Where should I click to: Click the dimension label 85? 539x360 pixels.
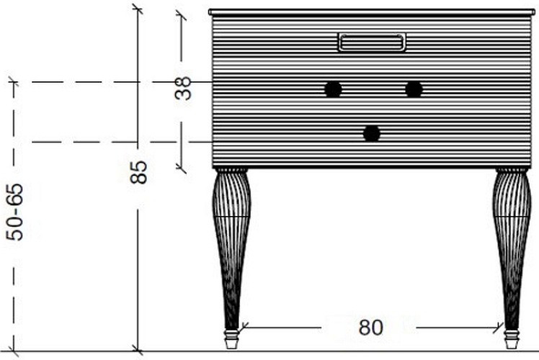point(138,172)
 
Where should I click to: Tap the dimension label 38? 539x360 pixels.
point(182,88)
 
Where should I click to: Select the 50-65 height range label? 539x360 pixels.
point(15,212)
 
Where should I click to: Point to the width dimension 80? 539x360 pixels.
point(370,328)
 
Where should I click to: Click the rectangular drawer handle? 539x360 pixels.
point(372,42)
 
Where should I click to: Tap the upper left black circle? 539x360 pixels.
point(333,89)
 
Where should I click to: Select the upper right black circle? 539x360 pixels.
point(414,89)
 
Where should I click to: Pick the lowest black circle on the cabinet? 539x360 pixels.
point(372,134)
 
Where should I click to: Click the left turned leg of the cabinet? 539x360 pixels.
point(231,258)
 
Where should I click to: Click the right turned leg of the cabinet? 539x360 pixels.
point(512,258)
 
